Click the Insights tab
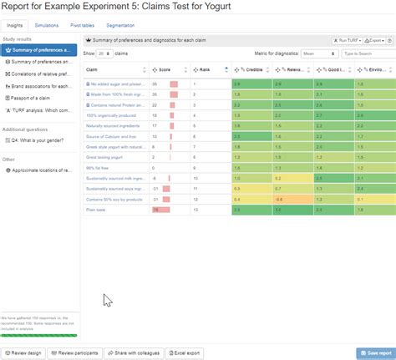pyautogui.click(x=15, y=27)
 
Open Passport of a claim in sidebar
pyautogui.click(x=35, y=97)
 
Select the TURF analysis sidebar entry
pyautogui.click(x=40, y=109)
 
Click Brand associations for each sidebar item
pyautogui.click(x=40, y=85)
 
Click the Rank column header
pyautogui.click(x=205, y=69)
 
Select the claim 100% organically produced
pyautogui.click(x=111, y=115)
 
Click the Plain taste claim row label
pyautogui.click(x=96, y=210)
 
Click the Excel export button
pyautogui.click(x=184, y=353)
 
